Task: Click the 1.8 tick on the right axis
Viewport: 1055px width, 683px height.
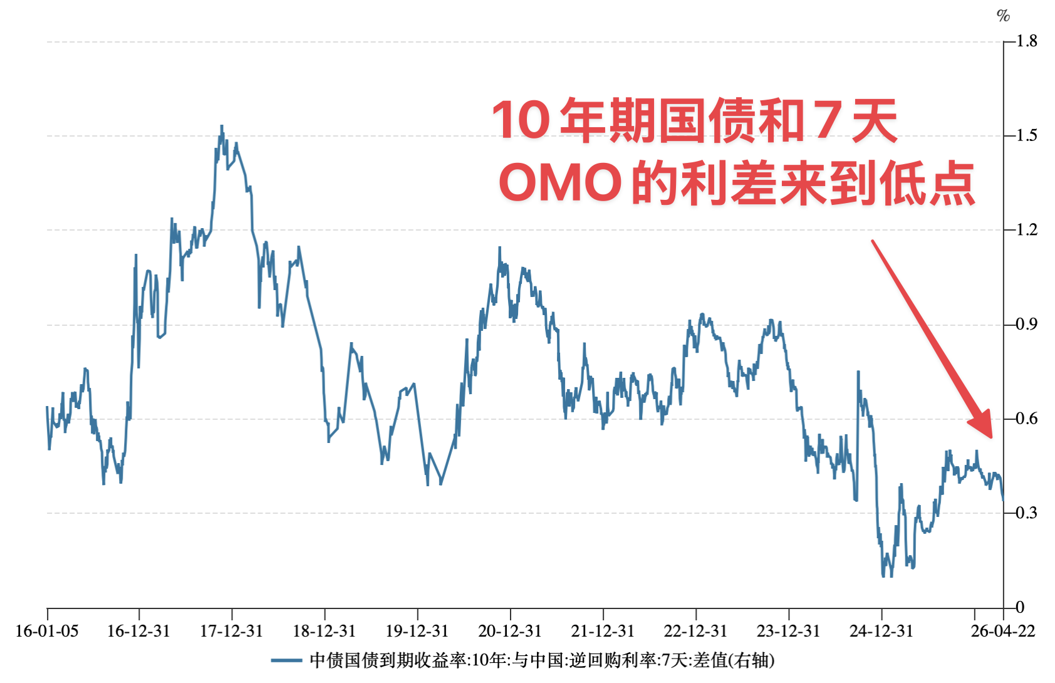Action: click(x=1026, y=41)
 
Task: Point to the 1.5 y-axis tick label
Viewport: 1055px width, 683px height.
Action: click(x=1026, y=135)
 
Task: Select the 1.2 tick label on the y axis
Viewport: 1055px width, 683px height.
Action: click(x=1026, y=230)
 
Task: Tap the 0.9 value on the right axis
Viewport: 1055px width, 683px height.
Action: click(x=1026, y=325)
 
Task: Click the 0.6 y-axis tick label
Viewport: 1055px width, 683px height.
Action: click(x=1026, y=419)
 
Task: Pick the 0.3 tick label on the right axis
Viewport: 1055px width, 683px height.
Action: click(x=1026, y=513)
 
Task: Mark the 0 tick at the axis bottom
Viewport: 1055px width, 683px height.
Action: click(x=1020, y=607)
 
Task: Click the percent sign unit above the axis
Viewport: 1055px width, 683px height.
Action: click(x=1003, y=16)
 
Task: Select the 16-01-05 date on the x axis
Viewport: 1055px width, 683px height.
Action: click(x=47, y=631)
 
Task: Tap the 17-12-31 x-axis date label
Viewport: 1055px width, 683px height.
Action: click(x=231, y=631)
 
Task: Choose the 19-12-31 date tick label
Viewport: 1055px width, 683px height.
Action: click(x=417, y=631)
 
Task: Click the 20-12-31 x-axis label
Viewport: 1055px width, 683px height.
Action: click(x=510, y=631)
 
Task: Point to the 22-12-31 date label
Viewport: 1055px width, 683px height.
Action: click(x=695, y=631)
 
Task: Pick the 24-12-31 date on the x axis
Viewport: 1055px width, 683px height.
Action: click(x=881, y=631)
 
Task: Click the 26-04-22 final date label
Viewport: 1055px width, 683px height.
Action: click(x=1003, y=631)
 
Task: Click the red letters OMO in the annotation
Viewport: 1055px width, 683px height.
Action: click(x=559, y=183)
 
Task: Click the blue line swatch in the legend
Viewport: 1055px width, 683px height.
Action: click(x=287, y=660)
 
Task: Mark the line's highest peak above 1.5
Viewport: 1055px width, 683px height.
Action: click(x=222, y=126)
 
